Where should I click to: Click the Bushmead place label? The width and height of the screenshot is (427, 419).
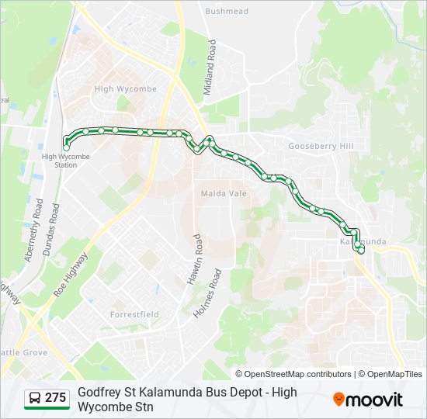point(227,12)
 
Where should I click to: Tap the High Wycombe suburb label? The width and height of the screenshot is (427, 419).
point(125,89)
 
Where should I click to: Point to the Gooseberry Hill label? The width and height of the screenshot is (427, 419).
point(320,146)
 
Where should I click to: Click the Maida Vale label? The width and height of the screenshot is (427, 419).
point(224,193)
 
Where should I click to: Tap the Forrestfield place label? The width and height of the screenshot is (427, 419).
point(134,314)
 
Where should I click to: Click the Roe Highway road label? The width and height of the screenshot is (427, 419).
point(71,275)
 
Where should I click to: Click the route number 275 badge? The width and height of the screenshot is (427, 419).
point(55,398)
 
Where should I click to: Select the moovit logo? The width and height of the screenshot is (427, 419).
point(368,400)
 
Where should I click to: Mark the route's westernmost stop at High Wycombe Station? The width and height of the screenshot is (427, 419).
point(66,147)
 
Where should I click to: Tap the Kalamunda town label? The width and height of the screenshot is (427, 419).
point(363,241)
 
